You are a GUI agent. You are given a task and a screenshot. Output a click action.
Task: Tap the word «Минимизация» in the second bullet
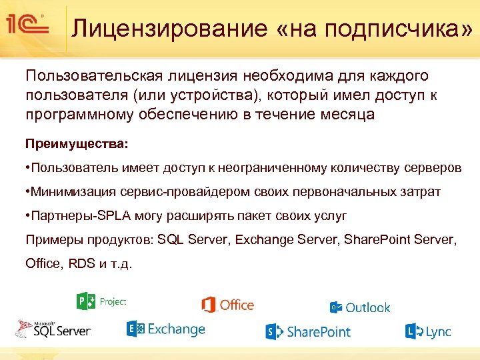(71, 192)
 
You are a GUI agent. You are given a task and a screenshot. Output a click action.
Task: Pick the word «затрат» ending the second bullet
(420, 192)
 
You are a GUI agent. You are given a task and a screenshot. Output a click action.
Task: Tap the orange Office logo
(227, 305)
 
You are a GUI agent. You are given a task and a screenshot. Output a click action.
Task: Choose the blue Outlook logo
(360, 307)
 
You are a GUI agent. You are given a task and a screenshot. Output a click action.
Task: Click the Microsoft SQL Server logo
(53, 328)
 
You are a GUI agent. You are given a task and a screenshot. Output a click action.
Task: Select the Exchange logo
(165, 329)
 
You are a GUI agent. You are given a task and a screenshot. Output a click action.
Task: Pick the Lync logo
(427, 331)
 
